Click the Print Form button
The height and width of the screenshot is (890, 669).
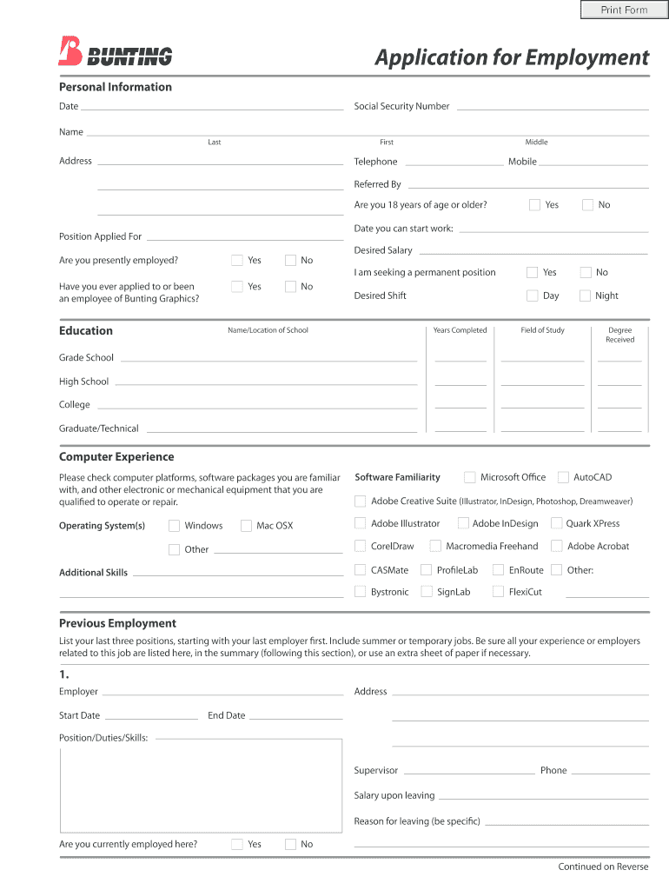click(x=624, y=10)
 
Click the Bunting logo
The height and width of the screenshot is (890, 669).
click(x=116, y=53)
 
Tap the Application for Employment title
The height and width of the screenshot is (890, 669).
click(x=512, y=57)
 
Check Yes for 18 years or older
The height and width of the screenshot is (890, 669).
click(x=535, y=205)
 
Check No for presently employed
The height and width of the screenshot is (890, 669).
click(x=290, y=260)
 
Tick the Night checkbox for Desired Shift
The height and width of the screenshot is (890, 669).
click(x=586, y=296)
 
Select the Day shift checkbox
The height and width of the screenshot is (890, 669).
click(x=533, y=296)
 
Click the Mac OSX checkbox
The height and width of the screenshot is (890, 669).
click(x=247, y=526)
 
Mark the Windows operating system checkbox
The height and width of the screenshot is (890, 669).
click(x=175, y=526)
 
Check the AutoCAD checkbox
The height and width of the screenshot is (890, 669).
click(x=564, y=477)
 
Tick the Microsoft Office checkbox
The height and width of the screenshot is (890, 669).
click(x=470, y=477)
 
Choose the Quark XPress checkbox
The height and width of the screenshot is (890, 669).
click(x=556, y=523)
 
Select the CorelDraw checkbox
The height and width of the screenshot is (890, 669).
click(x=361, y=546)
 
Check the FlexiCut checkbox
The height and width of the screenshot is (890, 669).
click(x=499, y=592)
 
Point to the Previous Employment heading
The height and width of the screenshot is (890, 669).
click(x=117, y=623)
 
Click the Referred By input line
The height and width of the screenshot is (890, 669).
click(x=527, y=184)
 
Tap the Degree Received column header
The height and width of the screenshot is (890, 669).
click(x=620, y=335)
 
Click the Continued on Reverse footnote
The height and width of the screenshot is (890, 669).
click(x=603, y=867)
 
